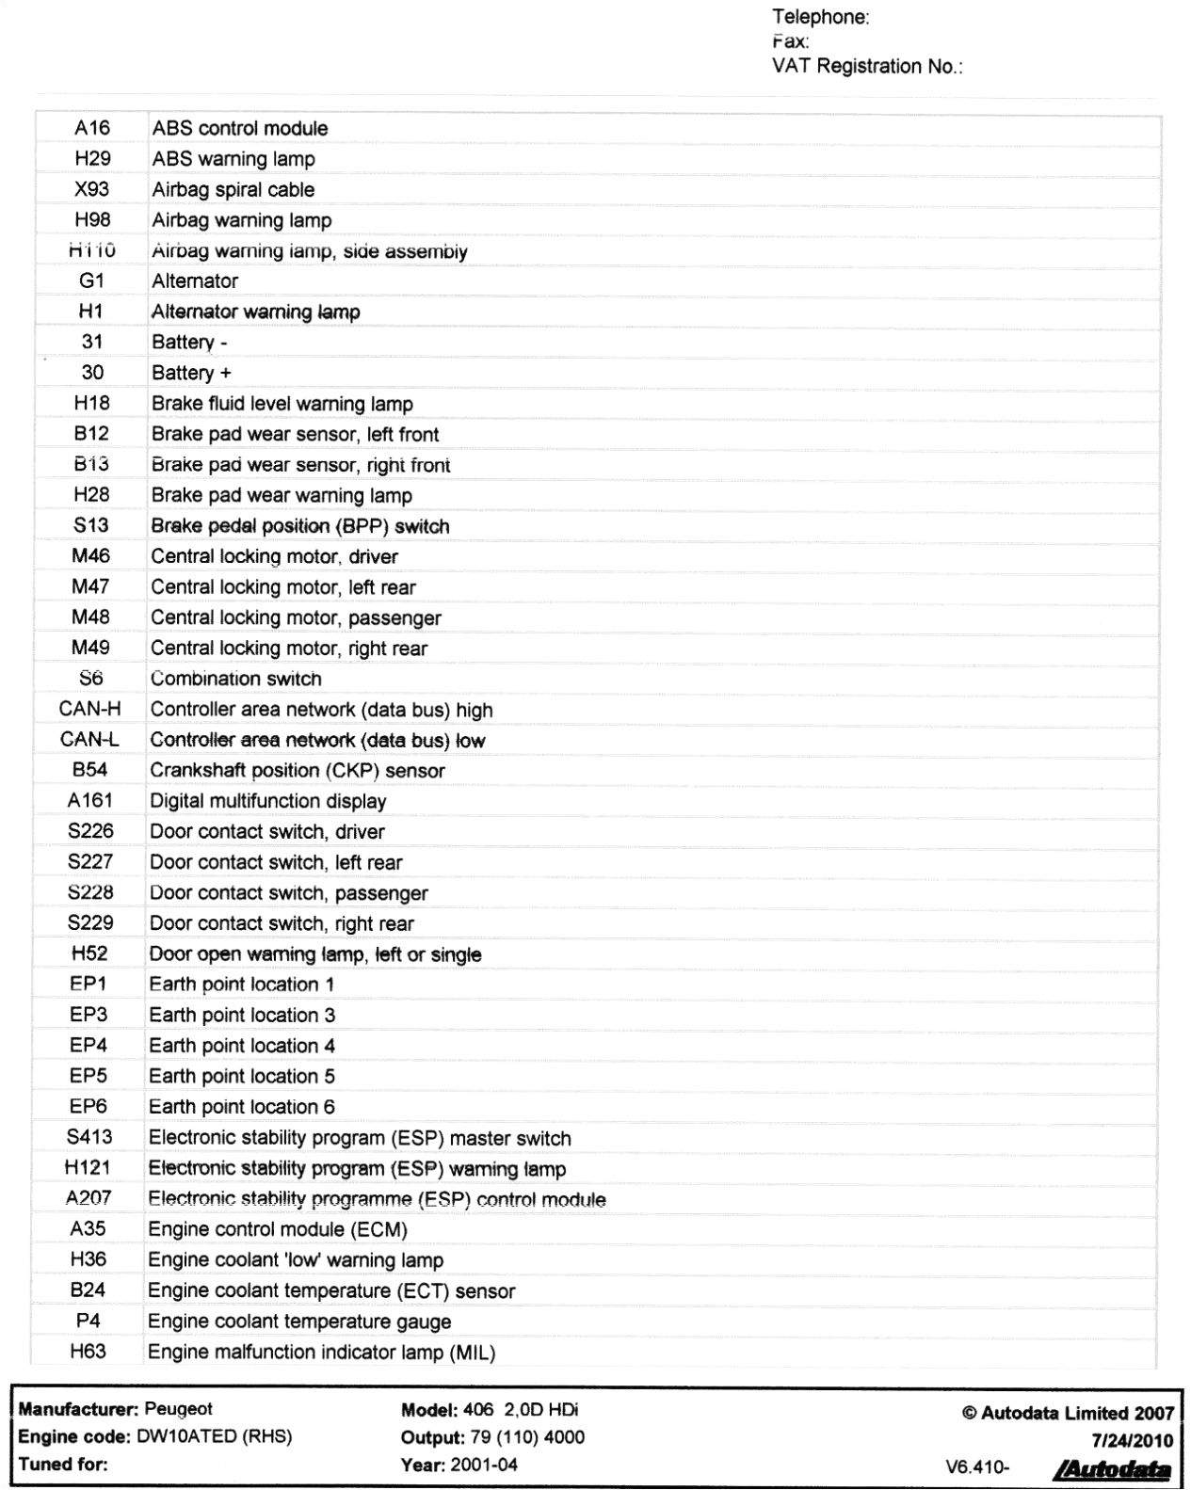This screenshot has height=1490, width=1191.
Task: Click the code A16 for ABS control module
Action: pos(92,128)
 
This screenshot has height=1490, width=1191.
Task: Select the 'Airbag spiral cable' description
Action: pos(233,189)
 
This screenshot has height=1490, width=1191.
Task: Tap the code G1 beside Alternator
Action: pos(92,280)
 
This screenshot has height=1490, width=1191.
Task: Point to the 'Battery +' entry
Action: pos(191,373)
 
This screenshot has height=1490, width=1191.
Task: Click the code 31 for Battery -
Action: pos(92,342)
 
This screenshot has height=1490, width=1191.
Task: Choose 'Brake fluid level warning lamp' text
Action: pos(282,404)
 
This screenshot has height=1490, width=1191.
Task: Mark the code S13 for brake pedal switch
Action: pos(91,525)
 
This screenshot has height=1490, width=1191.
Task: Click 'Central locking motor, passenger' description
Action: pos(296,617)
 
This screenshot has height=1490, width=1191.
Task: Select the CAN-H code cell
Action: pos(90,709)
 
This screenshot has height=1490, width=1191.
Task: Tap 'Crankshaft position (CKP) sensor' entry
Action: pos(298,770)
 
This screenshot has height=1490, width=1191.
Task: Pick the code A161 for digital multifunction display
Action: pos(90,800)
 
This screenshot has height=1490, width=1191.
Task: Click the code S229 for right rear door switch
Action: pos(90,922)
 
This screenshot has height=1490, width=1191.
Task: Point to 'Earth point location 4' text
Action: pos(242,1046)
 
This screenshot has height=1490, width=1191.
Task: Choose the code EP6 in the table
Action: pos(89,1106)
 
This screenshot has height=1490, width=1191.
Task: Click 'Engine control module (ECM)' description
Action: pos(278,1229)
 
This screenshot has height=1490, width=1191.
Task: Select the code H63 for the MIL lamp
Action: pos(88,1352)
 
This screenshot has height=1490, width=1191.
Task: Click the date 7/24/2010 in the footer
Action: pos(1133,1440)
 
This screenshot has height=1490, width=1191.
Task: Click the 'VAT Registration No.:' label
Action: pos(867,66)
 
